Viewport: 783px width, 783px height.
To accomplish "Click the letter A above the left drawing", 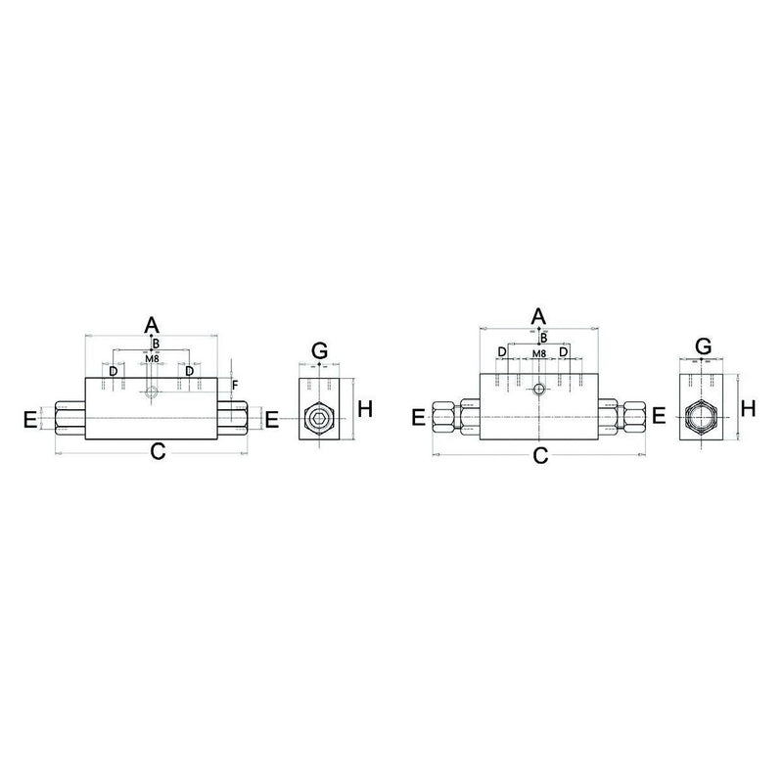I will tap(151, 324).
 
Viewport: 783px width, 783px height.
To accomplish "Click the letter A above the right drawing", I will tap(537, 315).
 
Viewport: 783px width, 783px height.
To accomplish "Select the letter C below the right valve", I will tap(539, 455).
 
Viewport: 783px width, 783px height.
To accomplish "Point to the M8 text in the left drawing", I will tap(152, 358).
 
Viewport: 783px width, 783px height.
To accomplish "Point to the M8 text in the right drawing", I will tap(538, 352).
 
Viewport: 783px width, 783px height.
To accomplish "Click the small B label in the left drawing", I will tap(155, 344).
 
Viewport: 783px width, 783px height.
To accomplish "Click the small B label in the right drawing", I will tap(544, 338).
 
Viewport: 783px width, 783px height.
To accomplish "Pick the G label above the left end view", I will tap(318, 350).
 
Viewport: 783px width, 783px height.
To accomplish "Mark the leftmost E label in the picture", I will tap(30, 421).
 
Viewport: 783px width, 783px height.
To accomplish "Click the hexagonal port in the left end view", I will tap(319, 418).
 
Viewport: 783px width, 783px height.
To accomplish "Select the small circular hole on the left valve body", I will tap(151, 393).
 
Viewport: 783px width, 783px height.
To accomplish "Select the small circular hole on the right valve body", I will tap(538, 390).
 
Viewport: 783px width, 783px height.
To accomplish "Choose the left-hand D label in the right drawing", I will tap(502, 351).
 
